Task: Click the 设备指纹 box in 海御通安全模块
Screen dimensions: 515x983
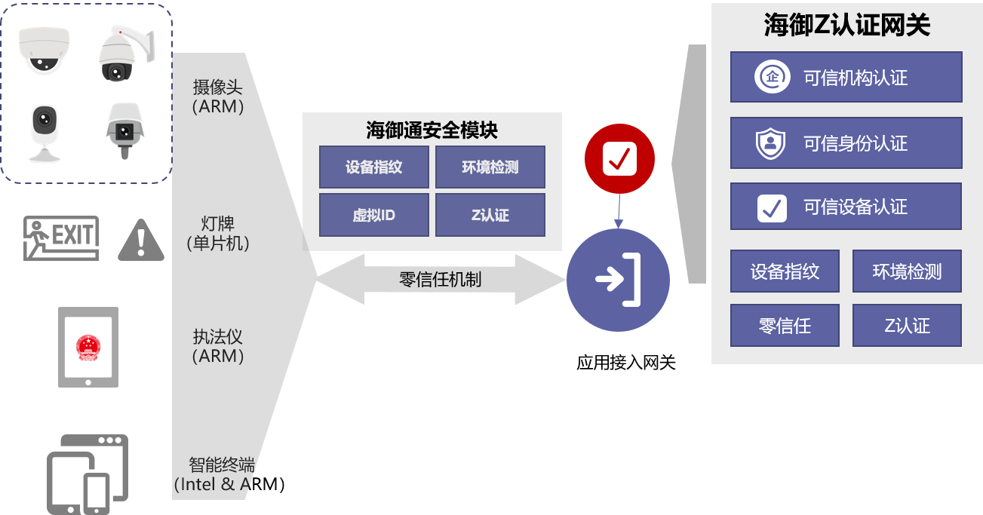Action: click(x=374, y=167)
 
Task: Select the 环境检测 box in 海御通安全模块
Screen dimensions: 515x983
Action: click(x=490, y=167)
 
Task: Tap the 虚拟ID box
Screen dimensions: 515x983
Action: click(x=374, y=215)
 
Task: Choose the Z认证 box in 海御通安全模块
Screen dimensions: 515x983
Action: click(x=490, y=215)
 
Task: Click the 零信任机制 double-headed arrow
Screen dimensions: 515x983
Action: click(x=440, y=280)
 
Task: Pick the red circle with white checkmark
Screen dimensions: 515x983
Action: click(x=620, y=159)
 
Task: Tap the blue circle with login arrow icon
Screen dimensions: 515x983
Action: click(x=619, y=280)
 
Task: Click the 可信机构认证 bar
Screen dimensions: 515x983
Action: click(x=846, y=77)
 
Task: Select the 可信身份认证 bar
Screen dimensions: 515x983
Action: click(x=846, y=143)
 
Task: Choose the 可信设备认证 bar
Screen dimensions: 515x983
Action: click(x=846, y=207)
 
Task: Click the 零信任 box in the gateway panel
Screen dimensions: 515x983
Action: click(x=785, y=326)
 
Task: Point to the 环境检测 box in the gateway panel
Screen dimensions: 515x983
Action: click(x=907, y=271)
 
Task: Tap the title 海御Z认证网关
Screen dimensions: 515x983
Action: click(x=846, y=26)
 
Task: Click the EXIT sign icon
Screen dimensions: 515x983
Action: click(x=62, y=238)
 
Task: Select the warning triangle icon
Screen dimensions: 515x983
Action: click(x=141, y=240)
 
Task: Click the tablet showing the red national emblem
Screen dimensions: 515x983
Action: click(x=89, y=347)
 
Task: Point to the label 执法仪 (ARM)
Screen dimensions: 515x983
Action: click(x=218, y=346)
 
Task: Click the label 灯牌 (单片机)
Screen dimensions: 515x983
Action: click(x=218, y=233)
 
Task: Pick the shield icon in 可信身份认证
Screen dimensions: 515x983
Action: click(x=771, y=143)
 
